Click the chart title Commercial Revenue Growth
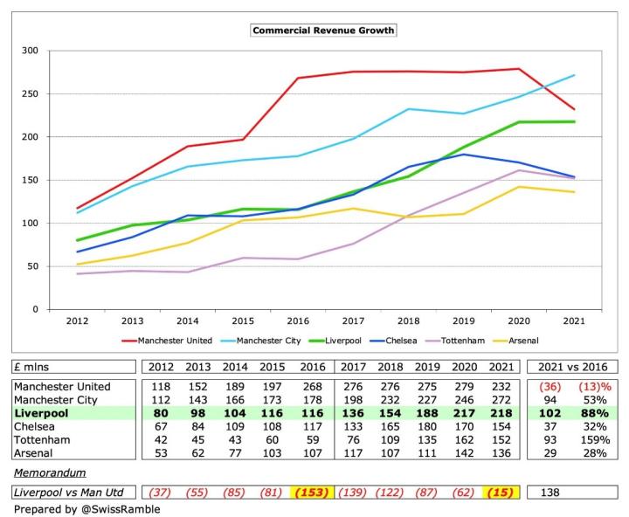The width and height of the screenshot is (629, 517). [323, 30]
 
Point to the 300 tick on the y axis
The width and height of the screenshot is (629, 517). [31, 51]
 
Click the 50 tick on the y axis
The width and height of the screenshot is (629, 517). [33, 266]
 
